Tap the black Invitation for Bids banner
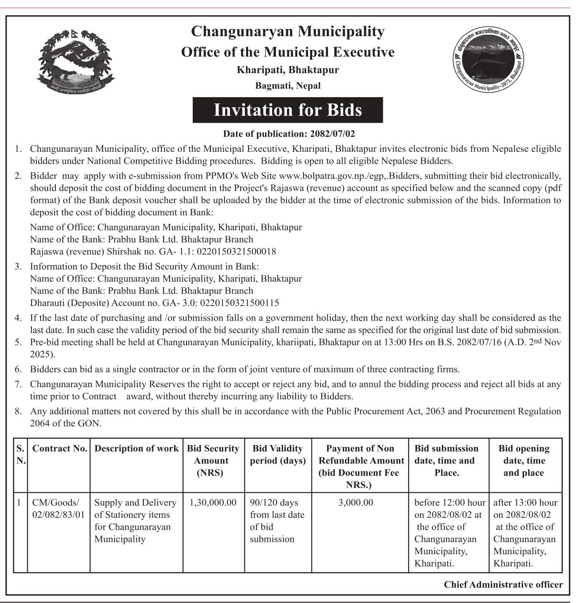coord(287,110)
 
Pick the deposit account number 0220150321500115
coord(239,303)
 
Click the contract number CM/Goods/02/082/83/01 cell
coord(58,509)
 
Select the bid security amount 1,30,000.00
coord(213,502)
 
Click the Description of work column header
coord(136,449)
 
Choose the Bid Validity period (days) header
coord(277,455)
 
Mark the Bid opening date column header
coord(523,460)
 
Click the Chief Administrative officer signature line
coord(503,584)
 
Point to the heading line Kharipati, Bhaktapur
coord(288,69)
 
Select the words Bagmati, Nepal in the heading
coord(288,86)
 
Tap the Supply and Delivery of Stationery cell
coord(136,521)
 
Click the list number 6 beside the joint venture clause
coord(18,369)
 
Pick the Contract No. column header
coord(60,449)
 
